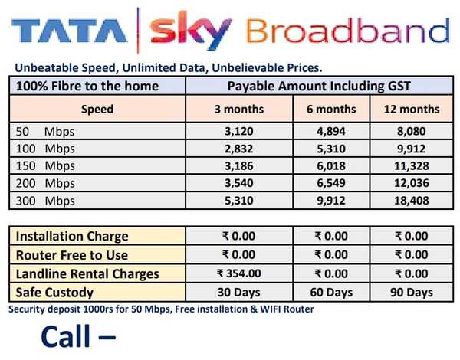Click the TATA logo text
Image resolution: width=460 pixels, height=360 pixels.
69,31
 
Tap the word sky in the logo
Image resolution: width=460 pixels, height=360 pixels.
191,30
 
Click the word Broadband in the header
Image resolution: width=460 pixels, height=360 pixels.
347,31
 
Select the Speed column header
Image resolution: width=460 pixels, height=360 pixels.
97,109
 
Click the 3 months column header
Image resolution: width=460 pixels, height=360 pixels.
239,109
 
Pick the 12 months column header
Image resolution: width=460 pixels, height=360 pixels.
412,109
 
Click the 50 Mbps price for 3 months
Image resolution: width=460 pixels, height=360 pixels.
239,131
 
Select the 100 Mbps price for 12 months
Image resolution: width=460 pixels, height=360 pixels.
411,149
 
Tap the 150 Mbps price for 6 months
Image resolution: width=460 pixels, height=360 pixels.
331,166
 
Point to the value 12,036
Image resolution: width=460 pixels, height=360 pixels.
411,183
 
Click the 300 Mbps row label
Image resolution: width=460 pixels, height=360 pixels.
45,201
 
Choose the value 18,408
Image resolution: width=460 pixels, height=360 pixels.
411,201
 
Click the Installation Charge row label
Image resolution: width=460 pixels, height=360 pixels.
72,236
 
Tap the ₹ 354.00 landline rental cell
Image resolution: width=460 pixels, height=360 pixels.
238,273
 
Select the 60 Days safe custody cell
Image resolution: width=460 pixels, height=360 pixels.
331,293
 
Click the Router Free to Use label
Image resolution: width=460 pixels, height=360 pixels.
72,255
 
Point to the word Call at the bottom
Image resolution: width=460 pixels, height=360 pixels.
66,336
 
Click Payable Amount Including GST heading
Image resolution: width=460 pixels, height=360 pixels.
319,87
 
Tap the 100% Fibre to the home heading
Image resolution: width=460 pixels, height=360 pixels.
87,87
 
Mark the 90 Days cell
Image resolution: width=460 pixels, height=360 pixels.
411,293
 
